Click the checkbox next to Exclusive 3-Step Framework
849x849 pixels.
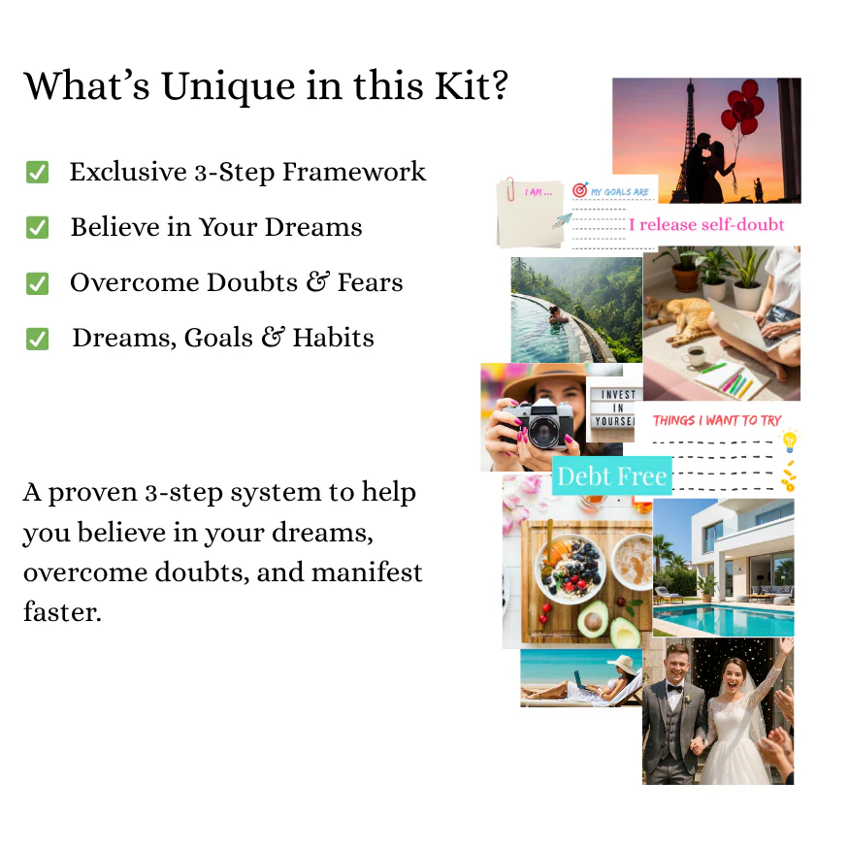point(37,173)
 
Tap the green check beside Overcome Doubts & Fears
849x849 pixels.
point(37,283)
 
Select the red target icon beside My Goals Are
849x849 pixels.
point(580,190)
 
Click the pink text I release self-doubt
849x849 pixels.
point(706,225)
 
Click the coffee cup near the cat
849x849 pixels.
point(694,356)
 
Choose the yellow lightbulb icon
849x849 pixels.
point(789,442)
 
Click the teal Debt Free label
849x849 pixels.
point(611,476)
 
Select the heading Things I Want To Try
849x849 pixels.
point(717,420)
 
